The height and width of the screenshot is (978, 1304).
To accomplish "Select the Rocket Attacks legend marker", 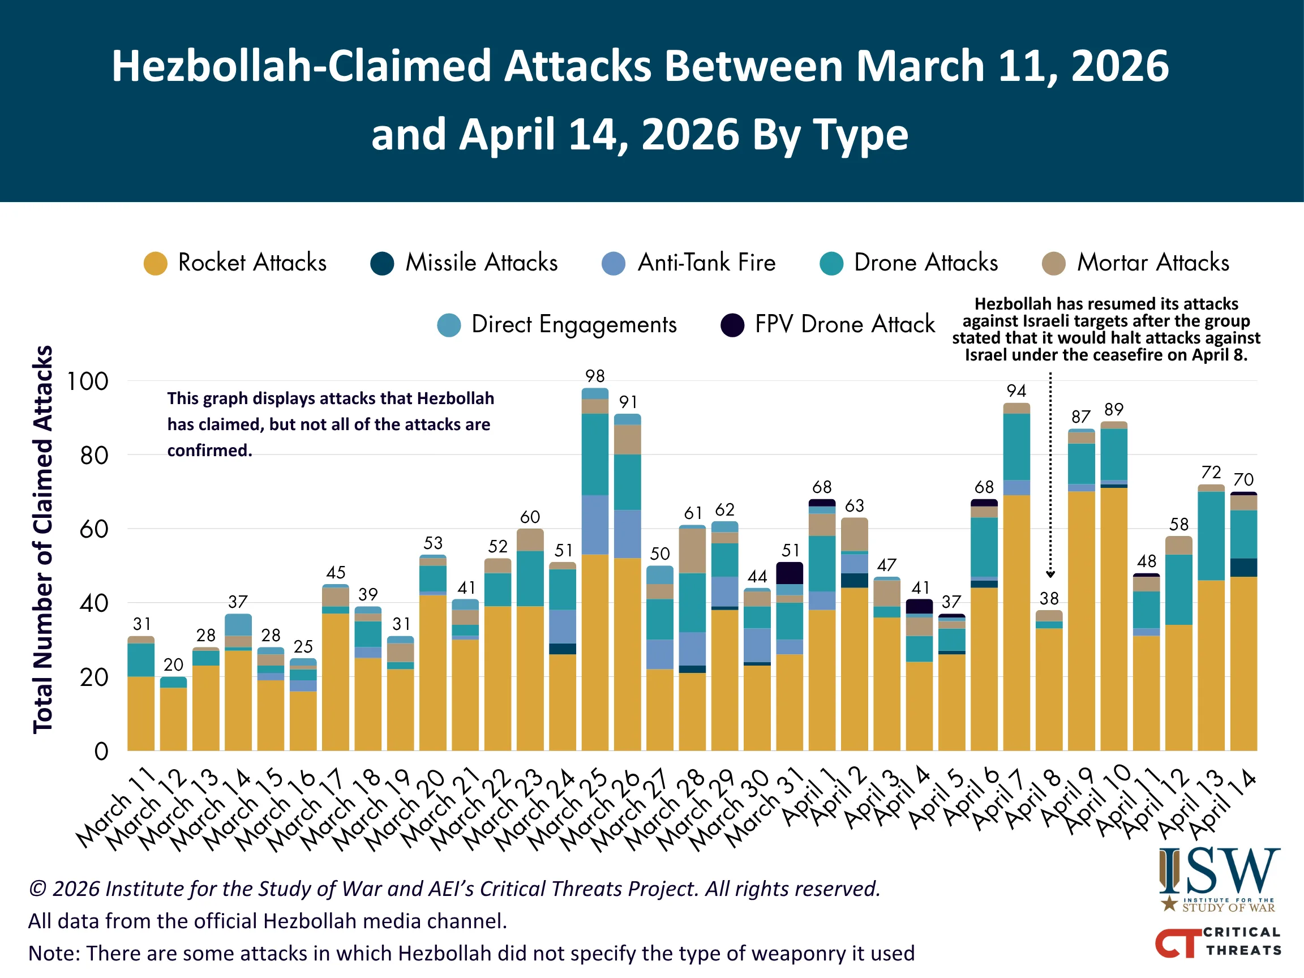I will click(156, 264).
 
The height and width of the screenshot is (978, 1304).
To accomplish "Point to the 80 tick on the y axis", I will click(95, 456).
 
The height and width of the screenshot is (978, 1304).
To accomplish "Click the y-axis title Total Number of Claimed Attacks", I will click(43, 539).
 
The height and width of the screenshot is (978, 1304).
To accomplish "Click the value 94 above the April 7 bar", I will click(1016, 391).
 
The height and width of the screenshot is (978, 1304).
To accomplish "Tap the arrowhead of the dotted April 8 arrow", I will click(1050, 574).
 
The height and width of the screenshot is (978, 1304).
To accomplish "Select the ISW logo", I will click(1219, 878).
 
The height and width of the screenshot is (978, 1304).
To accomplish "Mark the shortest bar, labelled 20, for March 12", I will click(173, 713).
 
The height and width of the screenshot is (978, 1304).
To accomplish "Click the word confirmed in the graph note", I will click(209, 451).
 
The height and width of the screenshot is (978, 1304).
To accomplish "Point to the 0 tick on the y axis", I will click(101, 752).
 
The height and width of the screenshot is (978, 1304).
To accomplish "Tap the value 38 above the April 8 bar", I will click(1049, 599).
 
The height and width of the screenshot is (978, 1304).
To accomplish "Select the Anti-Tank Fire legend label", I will click(706, 263).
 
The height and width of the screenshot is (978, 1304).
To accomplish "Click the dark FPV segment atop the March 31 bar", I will click(790, 573).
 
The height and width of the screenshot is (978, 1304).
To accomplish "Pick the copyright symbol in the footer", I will click(37, 889).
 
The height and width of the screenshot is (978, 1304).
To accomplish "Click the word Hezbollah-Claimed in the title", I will click(301, 66).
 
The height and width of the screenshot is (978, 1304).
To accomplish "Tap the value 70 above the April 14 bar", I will click(1243, 480).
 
